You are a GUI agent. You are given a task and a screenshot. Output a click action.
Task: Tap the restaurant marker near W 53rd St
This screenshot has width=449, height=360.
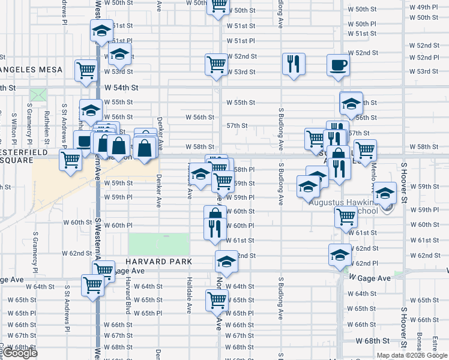coord(294,65)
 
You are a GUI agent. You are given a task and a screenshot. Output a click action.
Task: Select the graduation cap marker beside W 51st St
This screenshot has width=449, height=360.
coord(102,31)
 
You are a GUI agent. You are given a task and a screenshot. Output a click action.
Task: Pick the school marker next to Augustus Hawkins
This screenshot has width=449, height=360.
coord(385,193)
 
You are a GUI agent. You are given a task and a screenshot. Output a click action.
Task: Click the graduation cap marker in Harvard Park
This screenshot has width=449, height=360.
coord(226,262)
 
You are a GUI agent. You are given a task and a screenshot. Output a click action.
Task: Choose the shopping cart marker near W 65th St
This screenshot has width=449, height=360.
coord(217,300)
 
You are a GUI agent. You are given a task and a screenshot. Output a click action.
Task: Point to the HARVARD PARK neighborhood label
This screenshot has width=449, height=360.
coord(159,262)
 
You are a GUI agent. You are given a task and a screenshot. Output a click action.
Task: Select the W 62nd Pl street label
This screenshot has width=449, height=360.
coord(366,263)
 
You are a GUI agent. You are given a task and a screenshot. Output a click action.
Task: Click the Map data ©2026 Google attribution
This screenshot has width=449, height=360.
coord(411,355)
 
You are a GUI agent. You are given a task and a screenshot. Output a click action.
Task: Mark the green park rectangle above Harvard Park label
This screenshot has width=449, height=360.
coord(160,244)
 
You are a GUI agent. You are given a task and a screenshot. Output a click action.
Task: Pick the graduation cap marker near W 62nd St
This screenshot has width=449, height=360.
coord(340,255)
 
